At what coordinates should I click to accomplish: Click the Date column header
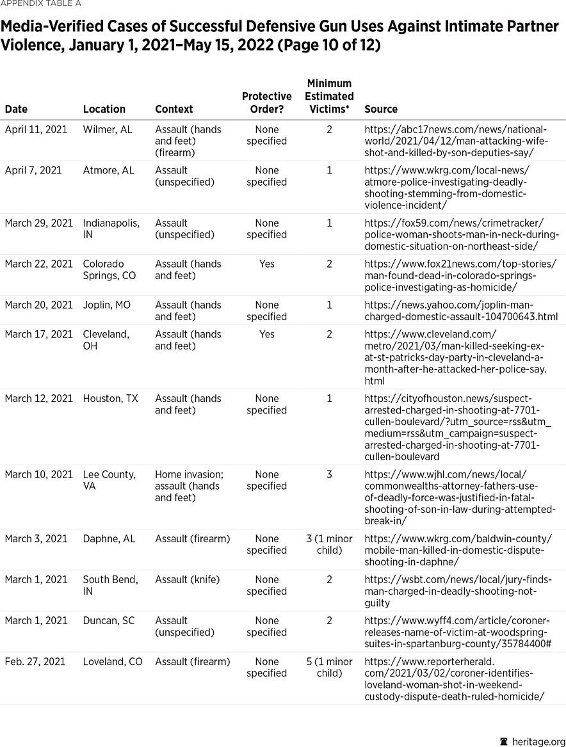(16, 109)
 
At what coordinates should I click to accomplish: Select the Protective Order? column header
(266, 102)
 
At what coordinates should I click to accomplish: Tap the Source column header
(380, 109)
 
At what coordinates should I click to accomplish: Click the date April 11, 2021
(36, 129)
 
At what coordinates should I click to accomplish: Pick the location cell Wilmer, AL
(108, 129)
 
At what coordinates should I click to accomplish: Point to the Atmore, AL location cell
(108, 170)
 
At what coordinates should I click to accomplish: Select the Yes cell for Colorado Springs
(266, 264)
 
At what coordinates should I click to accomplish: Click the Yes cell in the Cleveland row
(266, 334)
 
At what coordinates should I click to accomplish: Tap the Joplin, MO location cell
(106, 305)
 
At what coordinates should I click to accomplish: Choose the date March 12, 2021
(38, 398)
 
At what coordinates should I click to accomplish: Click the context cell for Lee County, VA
(189, 486)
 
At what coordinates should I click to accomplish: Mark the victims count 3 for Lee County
(329, 474)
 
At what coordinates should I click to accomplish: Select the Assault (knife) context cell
(187, 579)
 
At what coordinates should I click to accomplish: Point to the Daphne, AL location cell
(109, 538)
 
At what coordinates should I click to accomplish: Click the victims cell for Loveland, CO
(329, 667)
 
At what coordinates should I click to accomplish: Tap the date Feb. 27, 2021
(35, 661)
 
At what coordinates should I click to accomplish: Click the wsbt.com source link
(457, 591)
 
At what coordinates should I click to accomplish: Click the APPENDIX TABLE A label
(40, 4)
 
